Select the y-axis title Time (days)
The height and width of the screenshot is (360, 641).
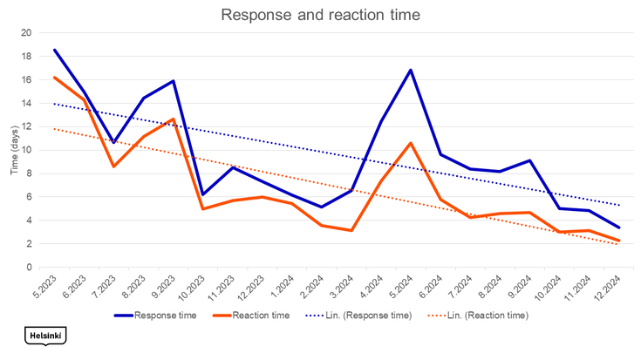click(15, 150)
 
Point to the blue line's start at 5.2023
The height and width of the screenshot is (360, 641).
click(55, 50)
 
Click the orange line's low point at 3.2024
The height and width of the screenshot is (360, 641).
click(351, 230)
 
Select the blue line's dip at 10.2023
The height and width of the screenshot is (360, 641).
click(202, 194)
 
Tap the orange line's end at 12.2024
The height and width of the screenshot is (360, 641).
click(618, 241)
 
